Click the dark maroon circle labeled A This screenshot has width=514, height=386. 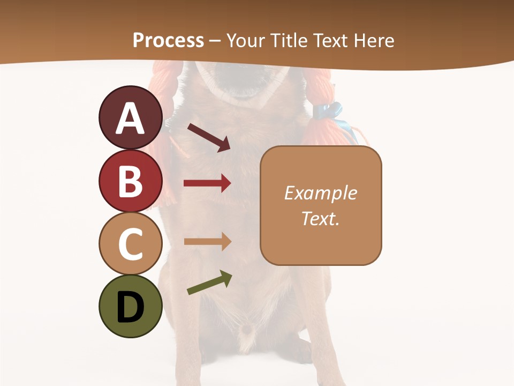130,118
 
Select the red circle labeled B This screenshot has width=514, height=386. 130,181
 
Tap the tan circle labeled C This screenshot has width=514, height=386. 130,243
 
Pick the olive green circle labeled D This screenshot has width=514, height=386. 130,306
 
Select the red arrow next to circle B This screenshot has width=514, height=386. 207,183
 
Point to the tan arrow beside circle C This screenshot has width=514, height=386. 207,242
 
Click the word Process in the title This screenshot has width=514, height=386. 168,41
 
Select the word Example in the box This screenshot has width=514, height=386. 320,193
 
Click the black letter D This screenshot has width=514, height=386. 130,307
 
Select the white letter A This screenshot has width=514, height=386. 130,118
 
